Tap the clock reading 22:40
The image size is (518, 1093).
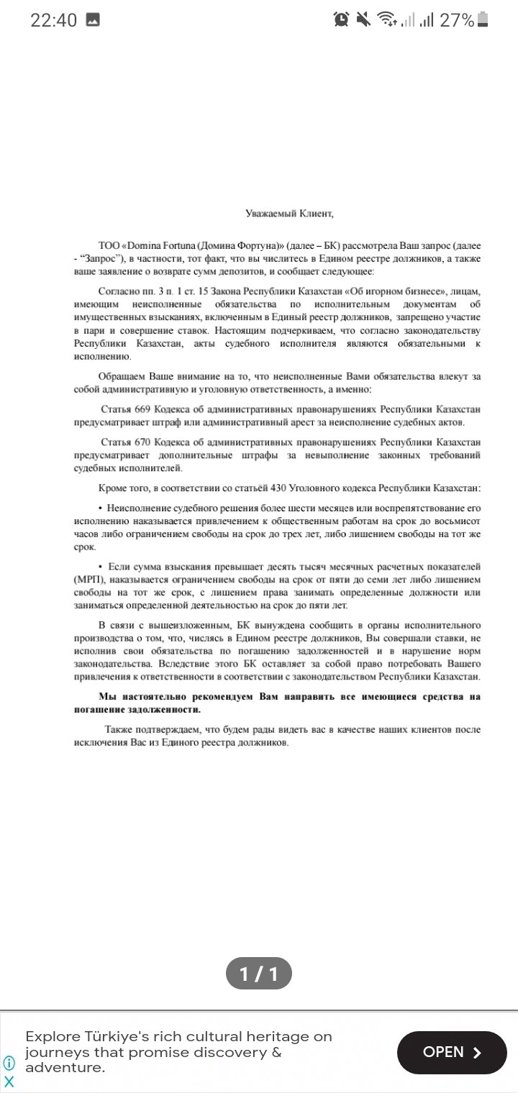point(53,20)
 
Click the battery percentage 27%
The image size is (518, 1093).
point(457,20)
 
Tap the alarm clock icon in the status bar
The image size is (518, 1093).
point(341,20)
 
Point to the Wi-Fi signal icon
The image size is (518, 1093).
point(386,20)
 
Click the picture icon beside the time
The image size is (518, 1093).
point(93,20)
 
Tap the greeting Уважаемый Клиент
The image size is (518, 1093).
point(289,213)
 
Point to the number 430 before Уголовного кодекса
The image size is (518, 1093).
point(278,488)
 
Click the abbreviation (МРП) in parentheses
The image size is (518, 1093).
point(88,580)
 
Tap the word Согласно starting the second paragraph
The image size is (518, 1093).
point(117,291)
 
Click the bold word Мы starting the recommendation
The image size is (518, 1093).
point(106,697)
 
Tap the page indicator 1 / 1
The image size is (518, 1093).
point(259,974)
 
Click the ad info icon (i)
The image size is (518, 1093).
point(9,1063)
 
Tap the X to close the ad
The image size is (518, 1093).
point(9,1081)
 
